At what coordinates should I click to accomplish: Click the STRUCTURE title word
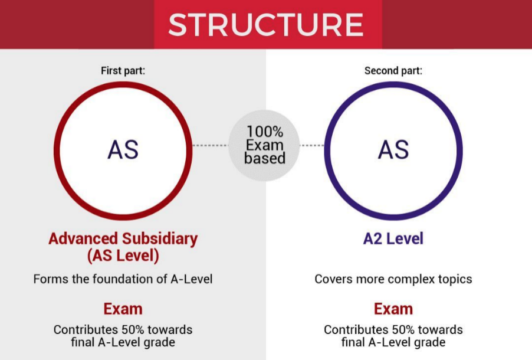click(266, 25)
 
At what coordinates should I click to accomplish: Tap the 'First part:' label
click(123, 71)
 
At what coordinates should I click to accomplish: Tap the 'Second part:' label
click(393, 71)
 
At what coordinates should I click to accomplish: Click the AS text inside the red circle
click(123, 149)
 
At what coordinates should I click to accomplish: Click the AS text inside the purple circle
click(393, 149)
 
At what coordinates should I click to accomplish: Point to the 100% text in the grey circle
click(265, 131)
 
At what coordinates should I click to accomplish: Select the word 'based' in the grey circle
click(265, 158)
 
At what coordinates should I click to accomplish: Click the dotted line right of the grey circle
click(313, 145)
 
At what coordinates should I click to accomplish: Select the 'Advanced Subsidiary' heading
click(123, 238)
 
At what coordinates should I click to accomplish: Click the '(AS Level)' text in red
click(123, 256)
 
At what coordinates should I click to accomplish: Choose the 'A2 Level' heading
click(393, 238)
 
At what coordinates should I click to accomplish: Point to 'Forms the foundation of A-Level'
click(123, 279)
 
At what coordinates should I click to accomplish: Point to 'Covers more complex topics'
click(393, 279)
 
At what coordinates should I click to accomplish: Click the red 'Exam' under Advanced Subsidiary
click(123, 309)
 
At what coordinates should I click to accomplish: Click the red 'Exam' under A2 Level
click(393, 309)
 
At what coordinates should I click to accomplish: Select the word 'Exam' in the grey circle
click(265, 145)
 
